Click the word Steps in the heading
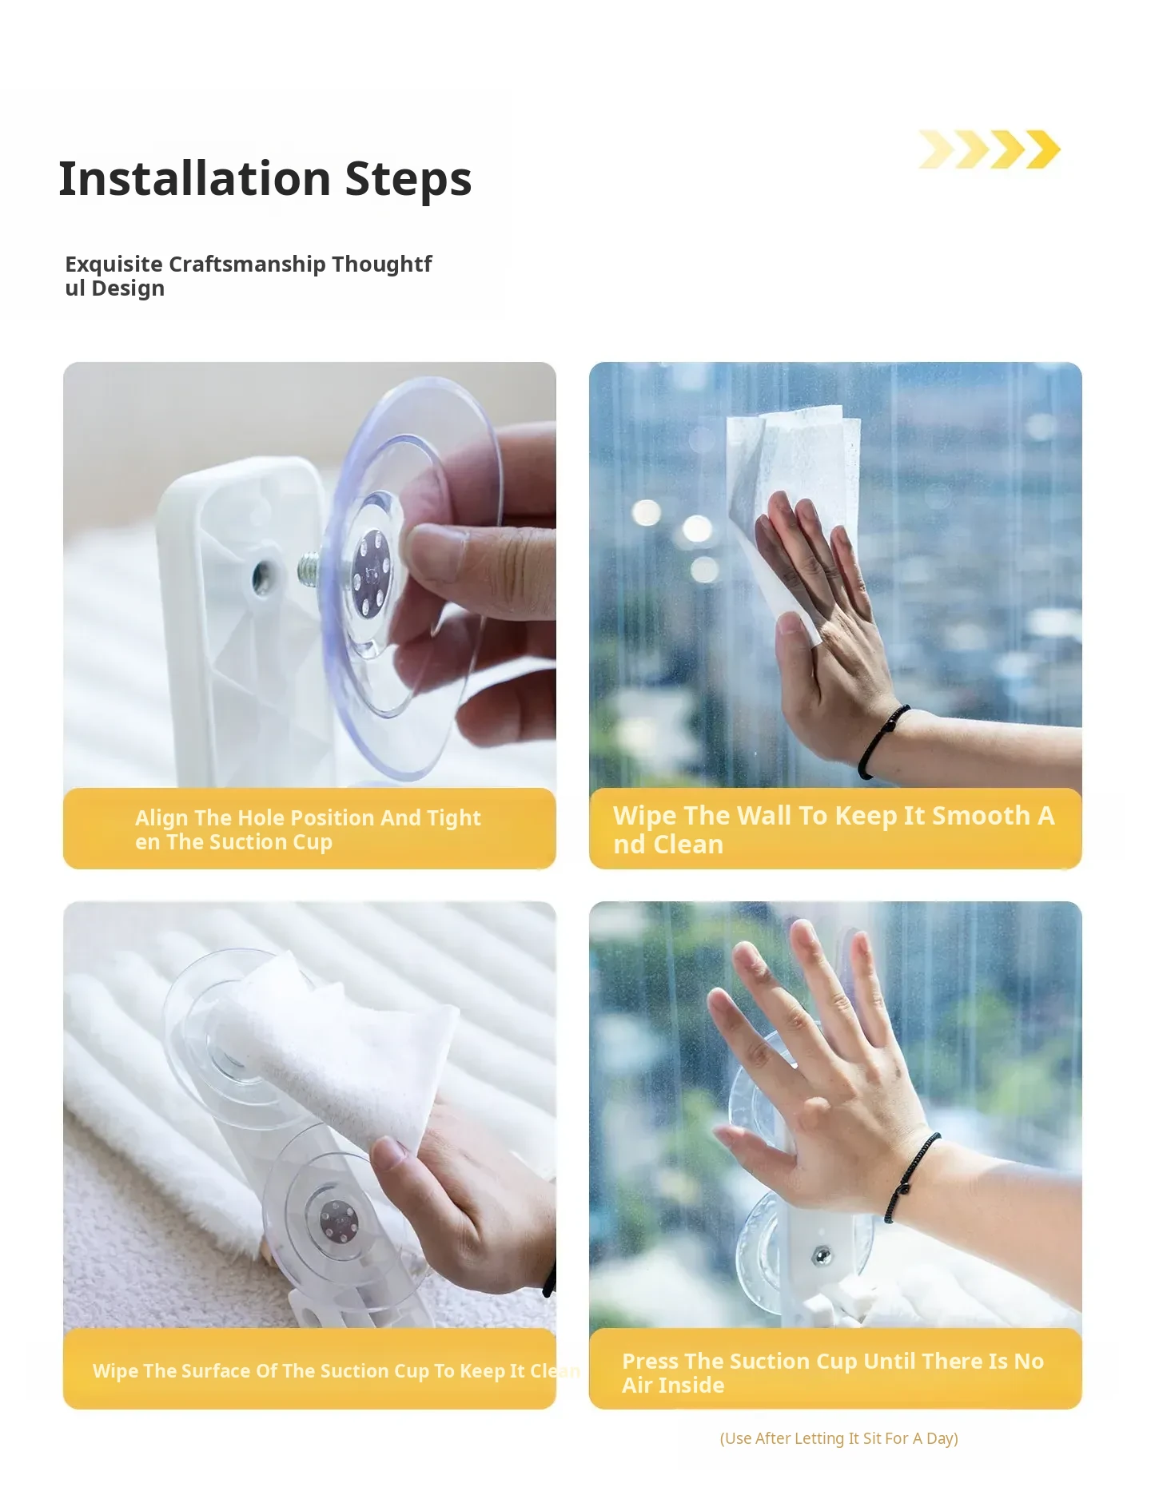pyautogui.click(x=408, y=180)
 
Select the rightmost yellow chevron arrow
pyautogui.click(x=1043, y=149)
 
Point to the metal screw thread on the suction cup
pyautogui.click(x=309, y=568)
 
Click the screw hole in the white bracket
pyautogui.click(x=261, y=577)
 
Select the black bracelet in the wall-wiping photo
pyautogui.click(x=882, y=738)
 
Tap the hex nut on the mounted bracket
pyautogui.click(x=821, y=1255)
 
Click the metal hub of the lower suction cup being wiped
pyautogui.click(x=337, y=1222)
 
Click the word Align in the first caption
pyautogui.click(x=161, y=818)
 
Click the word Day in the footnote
pyautogui.click(x=942, y=1439)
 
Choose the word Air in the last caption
pyautogui.click(x=637, y=1386)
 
